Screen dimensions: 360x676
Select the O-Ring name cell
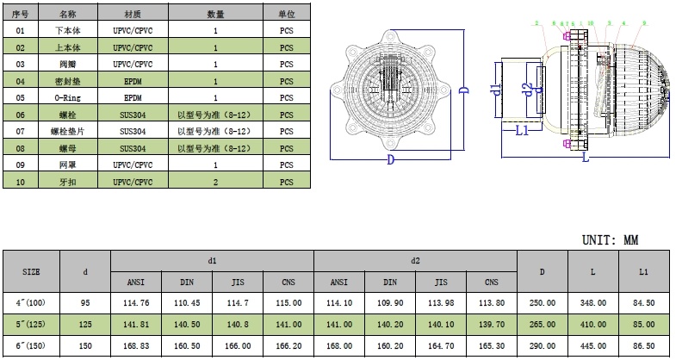click(67, 97)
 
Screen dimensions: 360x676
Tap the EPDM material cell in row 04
click(133, 80)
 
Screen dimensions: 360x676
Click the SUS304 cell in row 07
click(133, 131)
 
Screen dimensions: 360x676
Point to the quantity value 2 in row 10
click(215, 182)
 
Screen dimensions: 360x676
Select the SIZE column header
click(31, 271)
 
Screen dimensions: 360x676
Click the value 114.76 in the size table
click(136, 303)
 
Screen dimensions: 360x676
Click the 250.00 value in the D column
click(542, 303)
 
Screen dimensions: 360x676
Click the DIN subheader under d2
click(390, 282)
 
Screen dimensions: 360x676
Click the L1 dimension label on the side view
click(521, 131)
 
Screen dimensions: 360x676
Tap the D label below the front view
click(390, 159)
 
